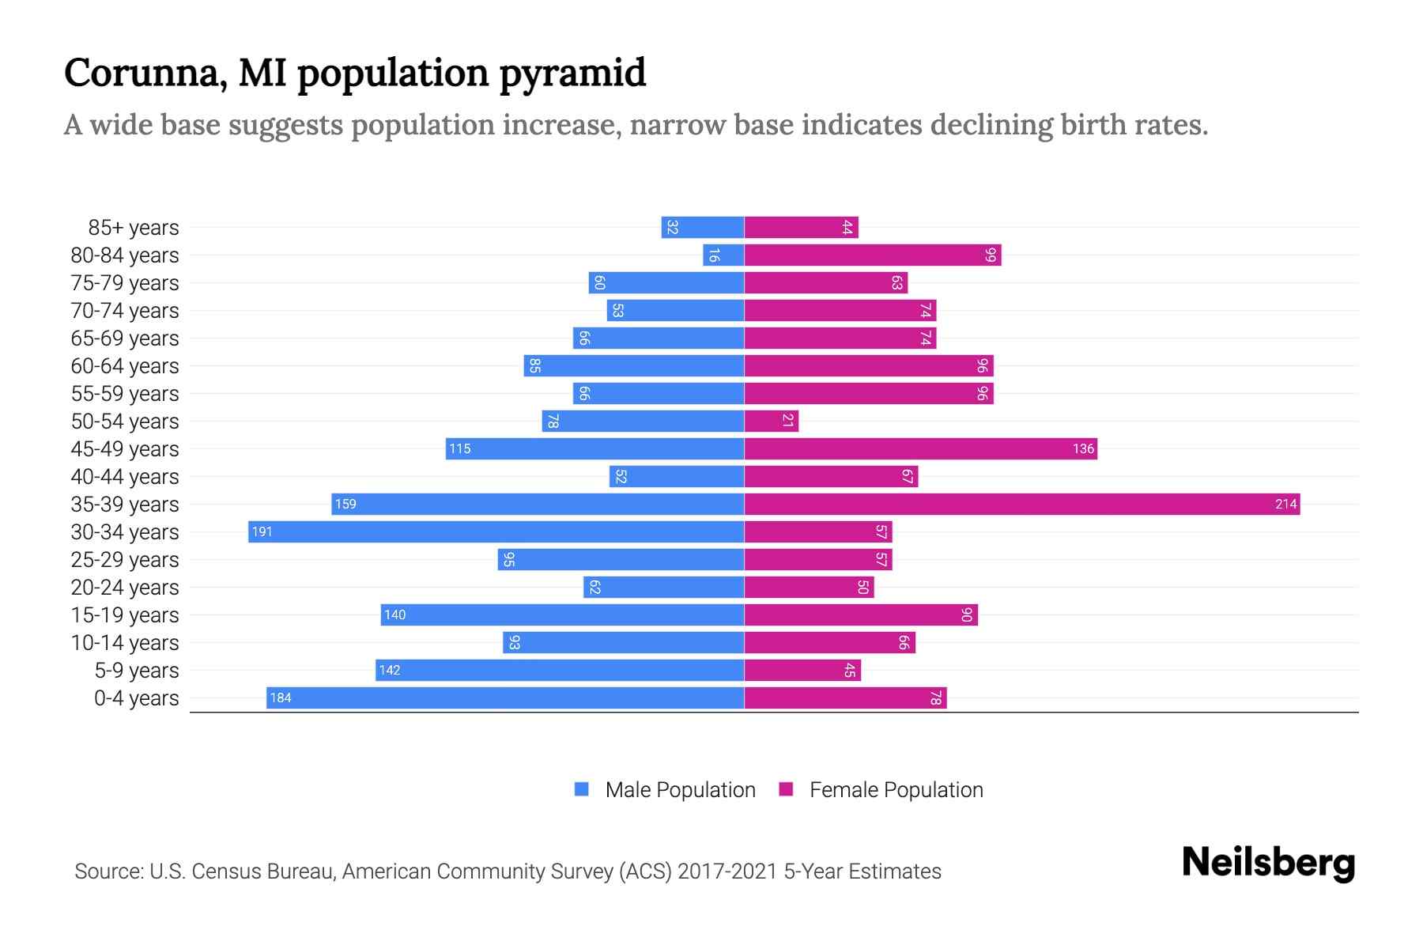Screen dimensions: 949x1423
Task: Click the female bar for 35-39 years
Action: click(x=1021, y=505)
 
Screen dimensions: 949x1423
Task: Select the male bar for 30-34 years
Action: click(x=496, y=532)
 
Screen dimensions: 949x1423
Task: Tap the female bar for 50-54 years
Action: click(x=771, y=422)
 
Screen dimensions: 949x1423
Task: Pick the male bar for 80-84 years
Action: click(x=723, y=255)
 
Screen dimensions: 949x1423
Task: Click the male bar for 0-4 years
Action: click(x=505, y=698)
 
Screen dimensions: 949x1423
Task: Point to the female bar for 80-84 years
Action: click(x=872, y=255)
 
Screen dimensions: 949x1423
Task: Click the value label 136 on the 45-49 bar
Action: click(x=1083, y=449)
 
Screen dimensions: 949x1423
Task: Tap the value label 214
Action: click(x=1285, y=505)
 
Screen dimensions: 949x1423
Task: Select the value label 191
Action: click(x=262, y=532)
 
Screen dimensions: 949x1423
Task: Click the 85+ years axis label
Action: click(x=134, y=228)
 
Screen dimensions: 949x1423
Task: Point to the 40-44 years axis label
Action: click(x=125, y=477)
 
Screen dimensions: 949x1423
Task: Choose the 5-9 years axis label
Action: click(x=137, y=671)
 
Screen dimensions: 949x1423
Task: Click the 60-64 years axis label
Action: click(x=125, y=366)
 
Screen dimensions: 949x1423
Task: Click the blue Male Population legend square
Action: click(x=582, y=789)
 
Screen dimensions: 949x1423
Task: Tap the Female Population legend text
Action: click(x=896, y=790)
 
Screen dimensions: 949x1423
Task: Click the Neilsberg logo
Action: click(x=1268, y=863)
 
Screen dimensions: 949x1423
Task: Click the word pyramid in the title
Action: click(x=572, y=74)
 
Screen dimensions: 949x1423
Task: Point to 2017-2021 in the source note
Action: click(x=727, y=871)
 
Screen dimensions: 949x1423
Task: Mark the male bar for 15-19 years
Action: click(x=562, y=615)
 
